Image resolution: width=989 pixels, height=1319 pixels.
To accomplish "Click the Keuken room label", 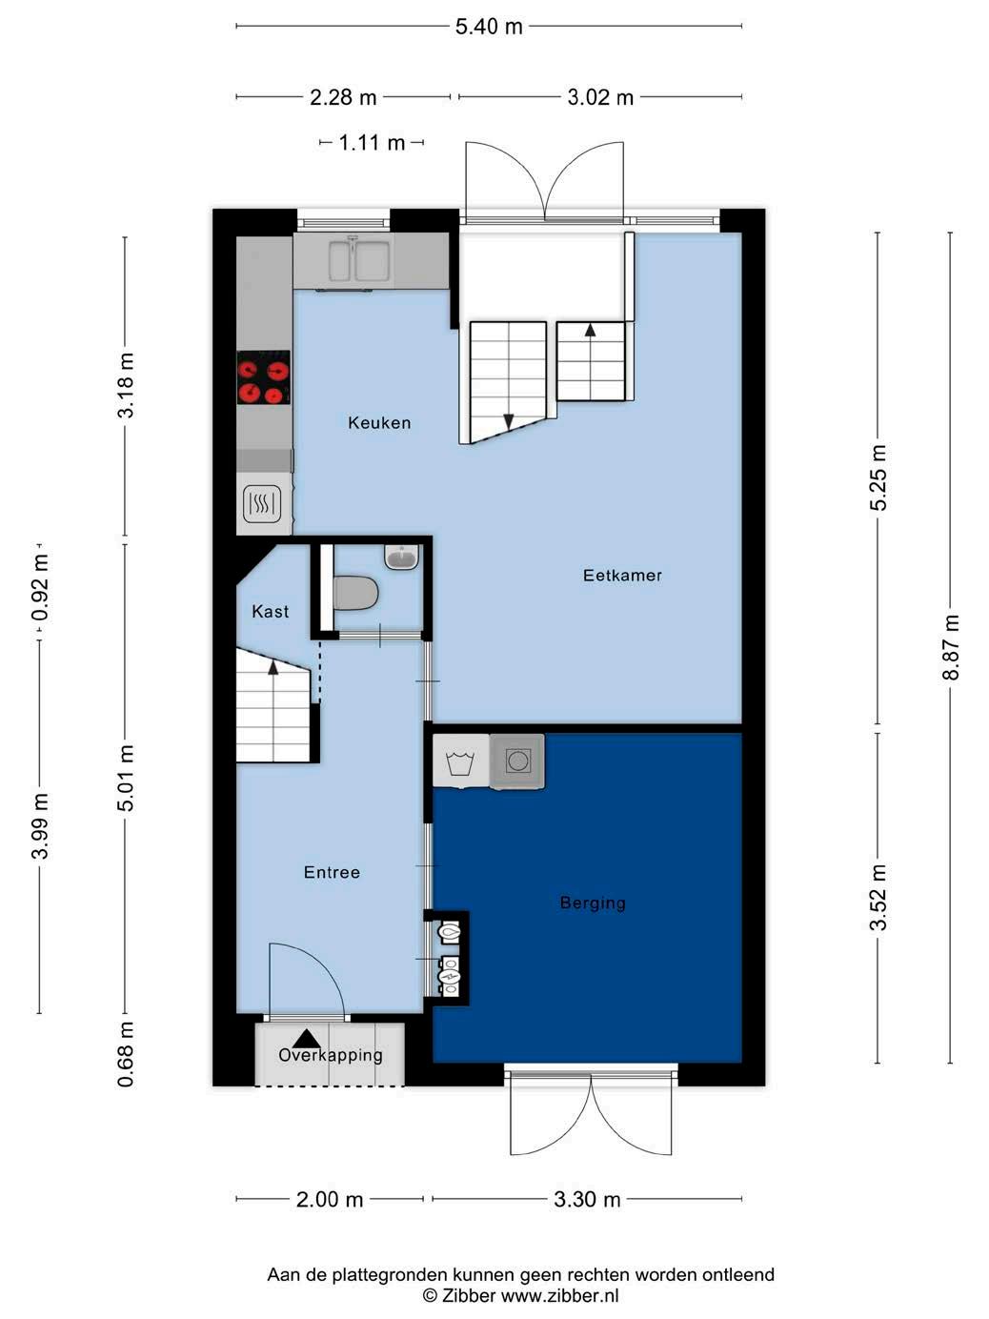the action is pyautogui.click(x=379, y=423).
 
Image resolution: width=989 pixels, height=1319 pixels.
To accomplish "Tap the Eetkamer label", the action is pyautogui.click(x=622, y=576).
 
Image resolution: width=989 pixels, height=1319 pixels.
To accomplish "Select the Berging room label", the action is pyautogui.click(x=592, y=903).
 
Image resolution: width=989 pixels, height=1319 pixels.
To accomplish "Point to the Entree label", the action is pyautogui.click(x=332, y=873).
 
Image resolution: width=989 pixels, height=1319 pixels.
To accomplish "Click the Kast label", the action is pyautogui.click(x=271, y=612).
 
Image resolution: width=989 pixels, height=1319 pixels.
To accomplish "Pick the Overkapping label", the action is pyautogui.click(x=331, y=1055).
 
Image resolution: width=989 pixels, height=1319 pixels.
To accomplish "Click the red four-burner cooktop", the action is pyautogui.click(x=263, y=377).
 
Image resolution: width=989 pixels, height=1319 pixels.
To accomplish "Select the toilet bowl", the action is pyautogui.click(x=355, y=593).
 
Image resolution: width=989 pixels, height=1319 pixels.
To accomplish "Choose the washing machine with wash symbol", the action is pyautogui.click(x=460, y=761).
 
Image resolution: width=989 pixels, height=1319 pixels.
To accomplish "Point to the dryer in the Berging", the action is pyautogui.click(x=517, y=761).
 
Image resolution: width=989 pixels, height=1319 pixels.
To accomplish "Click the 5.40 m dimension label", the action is pyautogui.click(x=489, y=27).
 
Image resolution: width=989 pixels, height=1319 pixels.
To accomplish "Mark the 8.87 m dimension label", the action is pyautogui.click(x=951, y=647).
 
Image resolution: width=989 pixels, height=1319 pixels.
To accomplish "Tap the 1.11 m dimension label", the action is pyautogui.click(x=372, y=143).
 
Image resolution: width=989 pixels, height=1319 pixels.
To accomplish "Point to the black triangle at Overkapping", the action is pyautogui.click(x=306, y=1039).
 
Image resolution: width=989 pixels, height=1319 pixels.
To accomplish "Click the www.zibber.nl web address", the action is pyautogui.click(x=559, y=1295).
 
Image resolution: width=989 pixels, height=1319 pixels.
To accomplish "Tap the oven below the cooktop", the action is pyautogui.click(x=262, y=503).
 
